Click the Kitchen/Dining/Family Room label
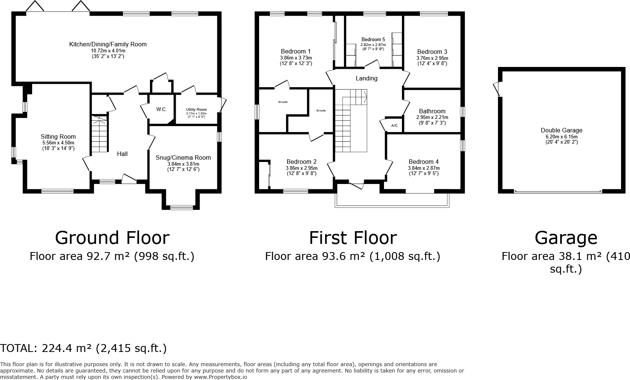point(108,44)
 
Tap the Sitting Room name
point(58,137)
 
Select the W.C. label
point(162,110)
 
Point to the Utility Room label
point(196,110)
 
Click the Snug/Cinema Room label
point(183,157)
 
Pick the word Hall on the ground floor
point(122,154)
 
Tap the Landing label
point(366,79)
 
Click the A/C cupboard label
point(394,125)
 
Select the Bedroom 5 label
point(373,39)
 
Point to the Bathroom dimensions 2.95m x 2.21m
point(432,117)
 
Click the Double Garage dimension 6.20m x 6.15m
point(562,137)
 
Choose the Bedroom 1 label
point(296,52)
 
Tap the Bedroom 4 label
point(424,162)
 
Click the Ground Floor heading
point(112,238)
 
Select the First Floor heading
point(353,238)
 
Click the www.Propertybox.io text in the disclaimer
point(221,377)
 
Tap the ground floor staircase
point(99,134)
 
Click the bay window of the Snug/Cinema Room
point(182,208)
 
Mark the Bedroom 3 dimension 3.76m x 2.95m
point(432,58)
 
